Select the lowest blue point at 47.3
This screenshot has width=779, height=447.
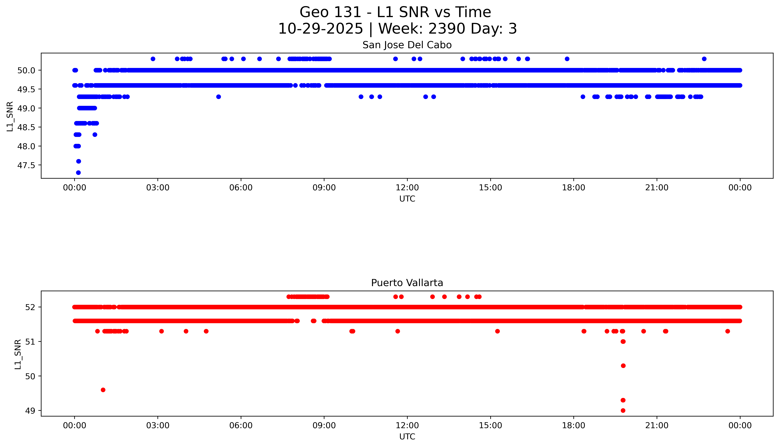pos(78,173)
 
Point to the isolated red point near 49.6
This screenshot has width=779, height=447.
pos(103,390)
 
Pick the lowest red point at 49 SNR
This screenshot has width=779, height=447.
pos(623,410)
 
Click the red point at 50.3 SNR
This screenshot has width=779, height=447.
pos(623,366)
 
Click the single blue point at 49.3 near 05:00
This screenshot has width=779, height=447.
pos(219,97)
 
